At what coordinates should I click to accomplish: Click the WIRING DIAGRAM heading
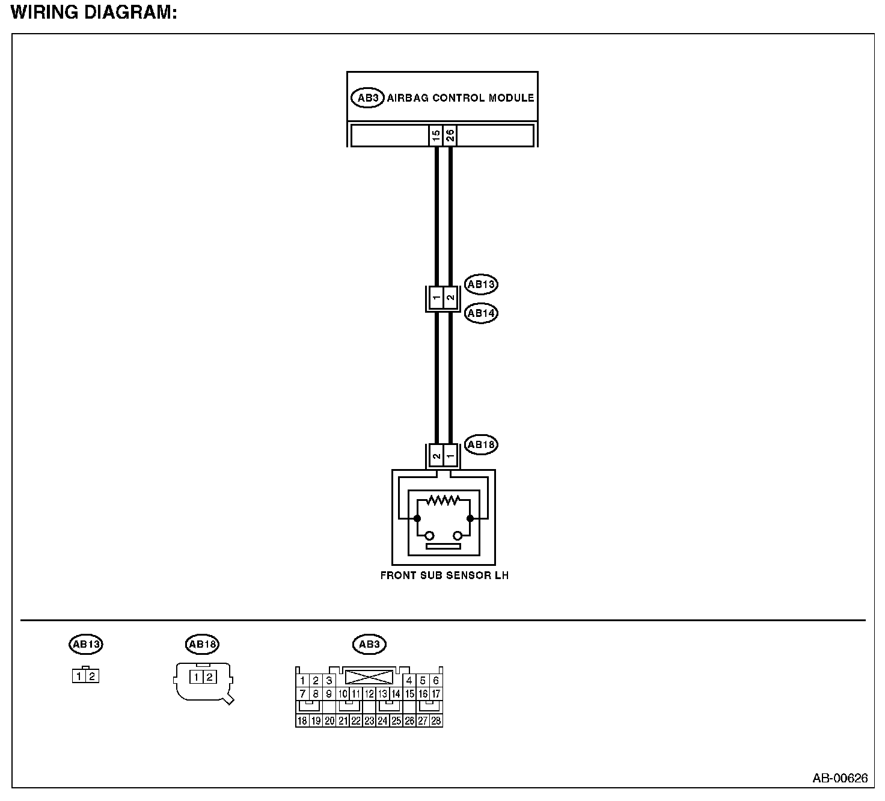94,13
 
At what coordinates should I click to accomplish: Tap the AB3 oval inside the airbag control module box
367,98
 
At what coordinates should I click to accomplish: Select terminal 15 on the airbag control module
436,135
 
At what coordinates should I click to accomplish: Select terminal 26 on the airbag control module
450,135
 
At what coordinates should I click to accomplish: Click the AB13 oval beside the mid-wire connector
482,284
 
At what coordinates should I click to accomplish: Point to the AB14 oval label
482,313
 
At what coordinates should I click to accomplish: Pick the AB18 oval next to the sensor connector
482,445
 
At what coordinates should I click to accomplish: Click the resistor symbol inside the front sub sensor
443,500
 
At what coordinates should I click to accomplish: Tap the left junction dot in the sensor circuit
417,518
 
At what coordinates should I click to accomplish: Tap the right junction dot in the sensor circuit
470,518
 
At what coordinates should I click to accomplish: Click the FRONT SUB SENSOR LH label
444,575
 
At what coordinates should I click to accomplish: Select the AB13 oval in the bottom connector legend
86,645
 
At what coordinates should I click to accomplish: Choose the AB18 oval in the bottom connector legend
203,645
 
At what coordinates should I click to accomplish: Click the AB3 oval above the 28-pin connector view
369,645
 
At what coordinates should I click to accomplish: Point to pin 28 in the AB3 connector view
436,720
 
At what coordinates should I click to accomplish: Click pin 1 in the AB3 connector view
302,681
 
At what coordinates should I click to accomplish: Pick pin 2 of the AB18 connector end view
209,678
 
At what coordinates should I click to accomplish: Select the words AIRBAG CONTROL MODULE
461,98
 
